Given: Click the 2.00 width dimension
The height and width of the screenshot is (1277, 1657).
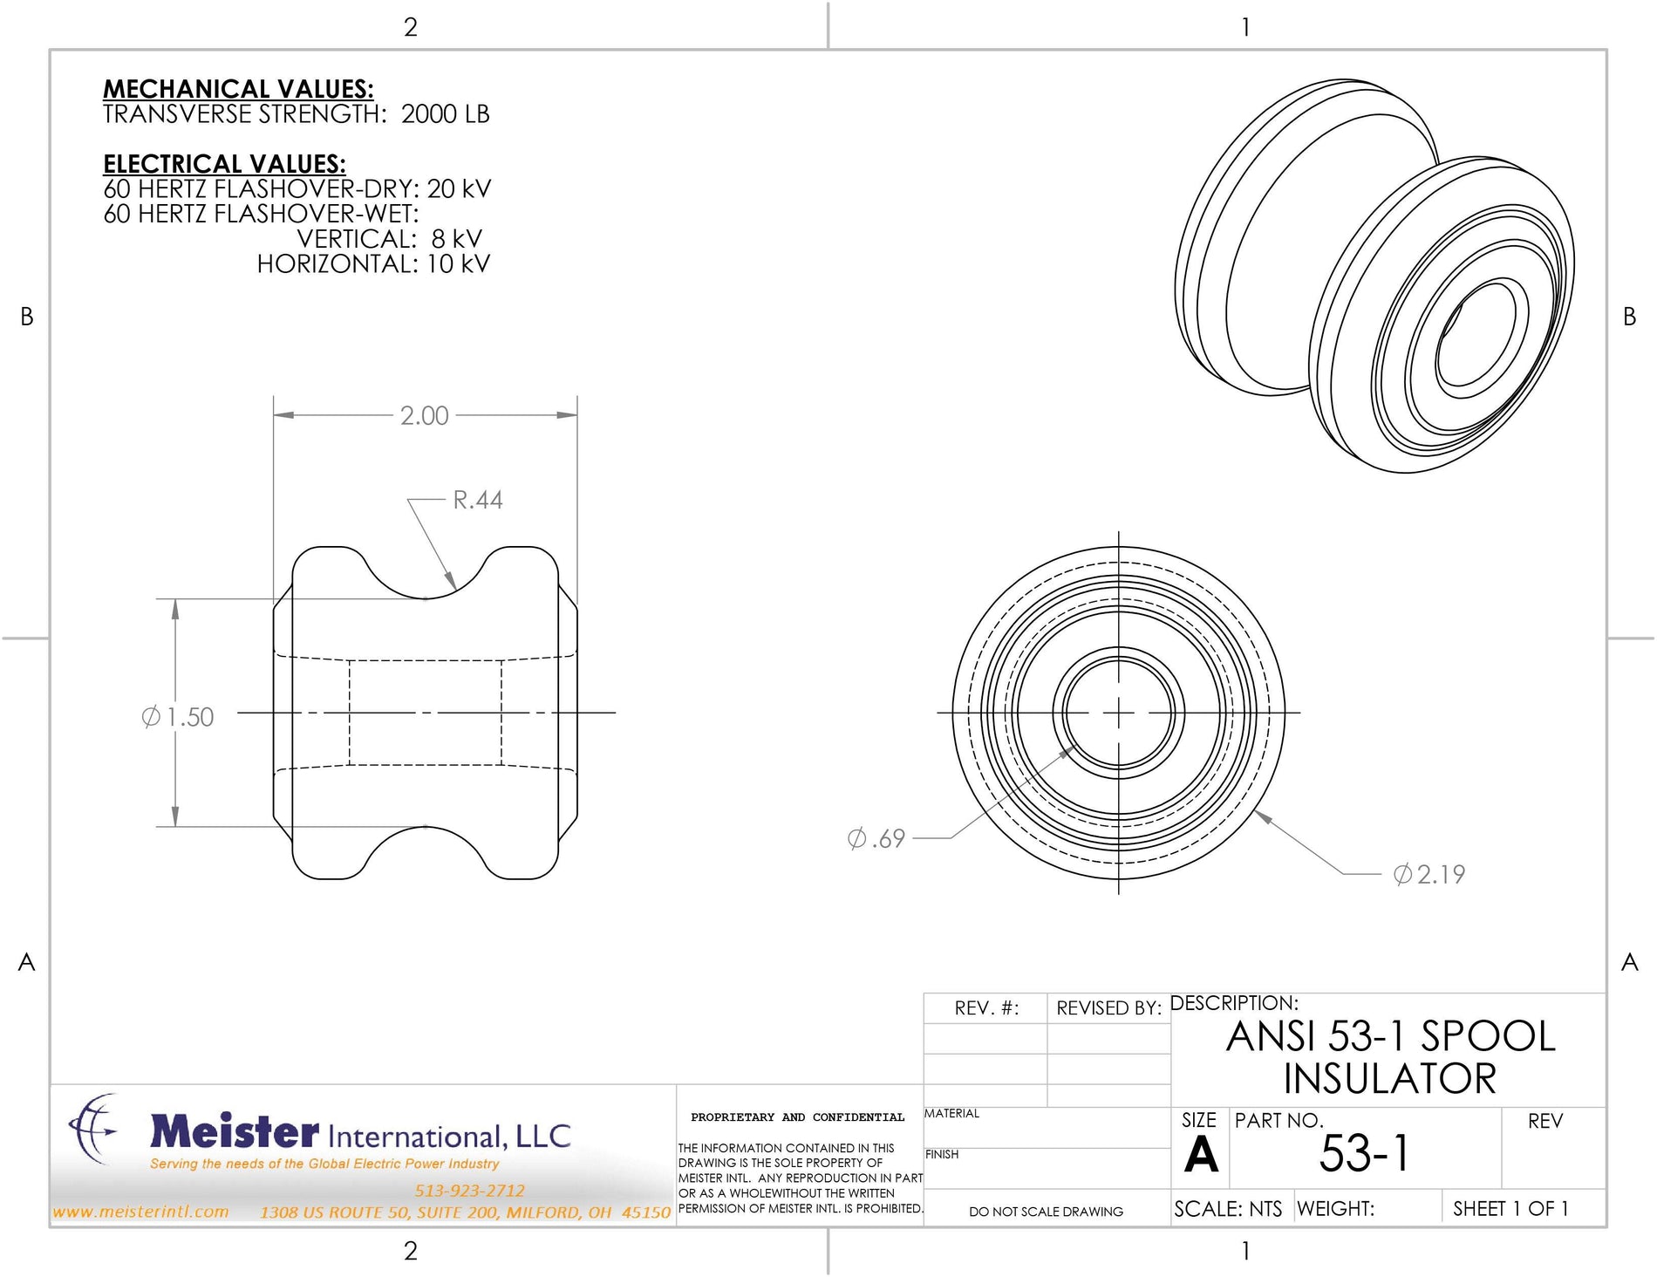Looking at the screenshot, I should pos(424,415).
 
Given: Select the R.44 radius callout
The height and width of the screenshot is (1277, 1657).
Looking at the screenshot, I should pos(477,500).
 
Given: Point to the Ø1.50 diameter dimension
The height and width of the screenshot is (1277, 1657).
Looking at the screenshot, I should pos(178,717).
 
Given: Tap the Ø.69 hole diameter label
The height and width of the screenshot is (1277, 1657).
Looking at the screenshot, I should pos(876,838).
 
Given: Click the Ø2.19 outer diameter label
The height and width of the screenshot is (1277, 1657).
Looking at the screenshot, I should pos(1429,874).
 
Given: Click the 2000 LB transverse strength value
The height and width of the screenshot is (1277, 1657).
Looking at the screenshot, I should pos(445,114).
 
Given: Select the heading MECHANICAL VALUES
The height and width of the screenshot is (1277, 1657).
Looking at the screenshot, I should pos(238,89).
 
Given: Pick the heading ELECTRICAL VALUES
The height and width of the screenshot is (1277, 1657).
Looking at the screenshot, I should pos(224,164).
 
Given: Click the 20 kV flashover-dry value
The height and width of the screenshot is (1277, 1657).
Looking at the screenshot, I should pos(459,189).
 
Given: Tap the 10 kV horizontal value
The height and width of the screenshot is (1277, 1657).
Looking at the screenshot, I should pos(458,264).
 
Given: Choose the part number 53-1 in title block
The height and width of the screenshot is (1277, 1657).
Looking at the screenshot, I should pos(1364,1153).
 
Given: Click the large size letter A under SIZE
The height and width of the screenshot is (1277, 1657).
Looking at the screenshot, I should pos(1201,1155).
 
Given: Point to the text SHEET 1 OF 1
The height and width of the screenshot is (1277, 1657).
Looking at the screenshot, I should pos(1510,1208).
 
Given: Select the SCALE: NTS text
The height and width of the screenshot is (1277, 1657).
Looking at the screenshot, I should pos(1227,1209).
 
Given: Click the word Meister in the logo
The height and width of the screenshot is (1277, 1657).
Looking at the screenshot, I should pos(235,1131).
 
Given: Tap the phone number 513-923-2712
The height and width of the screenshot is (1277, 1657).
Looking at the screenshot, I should pos(469,1191).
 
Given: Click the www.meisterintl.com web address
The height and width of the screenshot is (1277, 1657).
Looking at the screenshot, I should pos(140,1212).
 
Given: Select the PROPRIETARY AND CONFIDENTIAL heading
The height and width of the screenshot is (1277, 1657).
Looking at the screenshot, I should pos(797,1117).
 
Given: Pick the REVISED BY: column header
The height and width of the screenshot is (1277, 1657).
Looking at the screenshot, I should pos(1108,1008).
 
